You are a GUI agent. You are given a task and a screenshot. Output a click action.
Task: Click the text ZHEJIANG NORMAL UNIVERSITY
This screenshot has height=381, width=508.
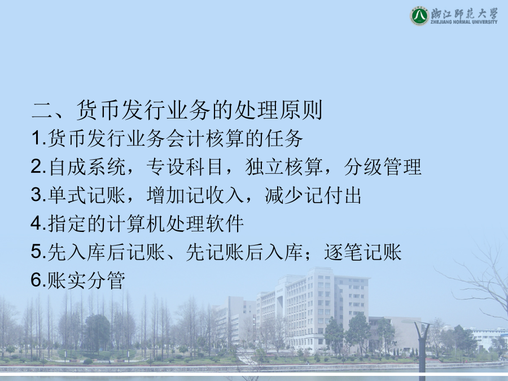coord(463,22)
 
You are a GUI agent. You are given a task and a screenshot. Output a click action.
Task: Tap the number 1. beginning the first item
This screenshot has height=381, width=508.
coord(39,138)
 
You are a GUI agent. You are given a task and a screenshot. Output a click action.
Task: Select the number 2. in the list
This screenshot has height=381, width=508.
coord(39,167)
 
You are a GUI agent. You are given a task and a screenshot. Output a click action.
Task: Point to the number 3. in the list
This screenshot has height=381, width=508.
coord(39,195)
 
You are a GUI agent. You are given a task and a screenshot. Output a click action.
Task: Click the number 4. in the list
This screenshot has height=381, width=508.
coord(39,223)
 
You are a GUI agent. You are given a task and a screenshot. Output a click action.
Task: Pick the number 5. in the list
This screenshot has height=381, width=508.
coord(39,252)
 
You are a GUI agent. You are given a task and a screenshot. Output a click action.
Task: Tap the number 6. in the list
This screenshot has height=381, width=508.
coord(39,280)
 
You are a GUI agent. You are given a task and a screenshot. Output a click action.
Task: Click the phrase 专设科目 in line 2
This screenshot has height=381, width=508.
coord(185,167)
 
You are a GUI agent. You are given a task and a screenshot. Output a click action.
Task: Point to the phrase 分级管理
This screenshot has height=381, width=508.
coord(383,167)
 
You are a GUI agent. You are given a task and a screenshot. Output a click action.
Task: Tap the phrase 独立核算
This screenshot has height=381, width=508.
coord(284,167)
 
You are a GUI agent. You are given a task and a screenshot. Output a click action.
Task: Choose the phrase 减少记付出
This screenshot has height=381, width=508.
coord(313,195)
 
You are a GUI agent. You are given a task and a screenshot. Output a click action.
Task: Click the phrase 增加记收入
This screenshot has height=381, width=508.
coord(195,195)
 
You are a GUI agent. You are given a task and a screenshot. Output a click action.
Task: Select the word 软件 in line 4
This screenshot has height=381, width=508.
coord(225,224)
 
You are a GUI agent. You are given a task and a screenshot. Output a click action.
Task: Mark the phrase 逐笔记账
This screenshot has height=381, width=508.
coord(363,252)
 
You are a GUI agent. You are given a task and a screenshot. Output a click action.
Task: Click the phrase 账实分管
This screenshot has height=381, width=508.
coord(86,281)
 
